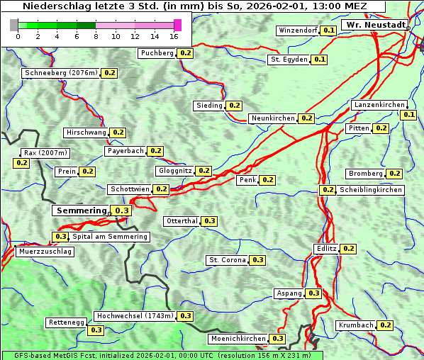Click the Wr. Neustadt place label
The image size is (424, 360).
click(x=374, y=25)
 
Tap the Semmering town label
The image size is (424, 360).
click(x=81, y=210)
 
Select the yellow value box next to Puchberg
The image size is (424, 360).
click(x=185, y=53)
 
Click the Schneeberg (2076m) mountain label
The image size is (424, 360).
click(x=60, y=73)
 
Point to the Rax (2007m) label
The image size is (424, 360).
click(x=45, y=153)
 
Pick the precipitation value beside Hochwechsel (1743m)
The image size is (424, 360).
click(x=186, y=316)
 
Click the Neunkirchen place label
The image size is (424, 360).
click(x=273, y=118)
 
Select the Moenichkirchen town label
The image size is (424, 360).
click(x=238, y=339)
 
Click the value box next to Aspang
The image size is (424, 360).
click(x=313, y=293)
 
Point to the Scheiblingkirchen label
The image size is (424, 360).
click(x=371, y=190)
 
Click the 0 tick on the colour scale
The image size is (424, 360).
click(x=18, y=37)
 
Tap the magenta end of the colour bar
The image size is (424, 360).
click(x=177, y=25)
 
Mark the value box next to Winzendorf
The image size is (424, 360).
click(x=328, y=30)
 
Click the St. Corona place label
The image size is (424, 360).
click(x=227, y=260)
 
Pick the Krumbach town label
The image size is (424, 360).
click(x=355, y=325)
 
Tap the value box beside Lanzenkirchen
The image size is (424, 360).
click(x=408, y=115)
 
